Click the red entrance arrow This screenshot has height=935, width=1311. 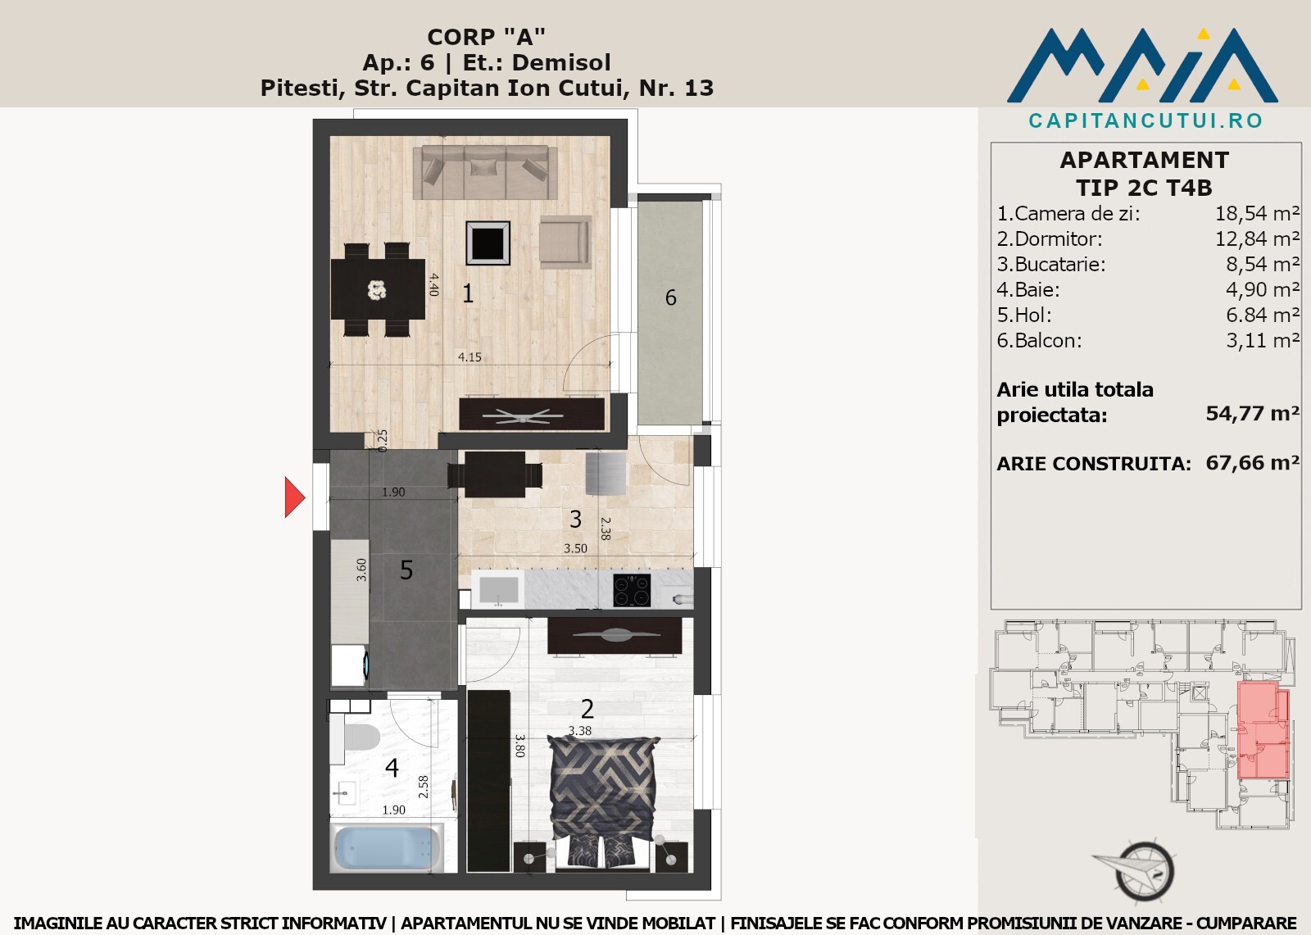coord(294,497)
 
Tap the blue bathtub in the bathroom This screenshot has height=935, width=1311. coord(387,847)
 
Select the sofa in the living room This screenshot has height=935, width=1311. coord(485,172)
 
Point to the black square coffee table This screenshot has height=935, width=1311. coord(488,243)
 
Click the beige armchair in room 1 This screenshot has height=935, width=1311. coord(565,242)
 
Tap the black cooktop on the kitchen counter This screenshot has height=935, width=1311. coord(632,590)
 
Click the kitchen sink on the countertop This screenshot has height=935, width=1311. coord(498,589)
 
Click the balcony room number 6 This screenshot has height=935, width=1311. coord(671,298)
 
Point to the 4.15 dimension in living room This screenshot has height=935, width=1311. coord(470,357)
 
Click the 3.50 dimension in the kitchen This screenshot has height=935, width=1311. coord(575,548)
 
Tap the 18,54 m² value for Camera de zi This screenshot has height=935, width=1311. coord(1258,214)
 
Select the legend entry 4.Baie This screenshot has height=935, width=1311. coord(1028,290)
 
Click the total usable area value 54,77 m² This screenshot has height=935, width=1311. coord(1253,414)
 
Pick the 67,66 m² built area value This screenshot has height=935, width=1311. coord(1253,463)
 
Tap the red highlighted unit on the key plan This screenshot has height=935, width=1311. coord(1264,729)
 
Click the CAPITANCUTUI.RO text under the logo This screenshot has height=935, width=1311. coord(1146,120)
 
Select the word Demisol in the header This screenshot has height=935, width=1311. coord(560,62)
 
